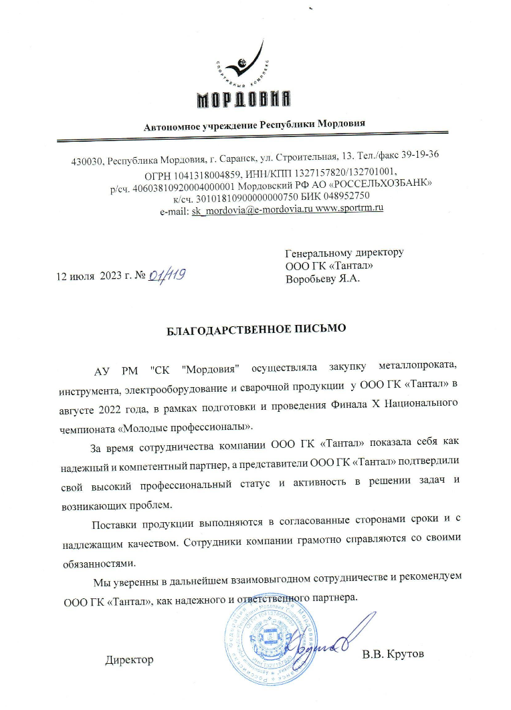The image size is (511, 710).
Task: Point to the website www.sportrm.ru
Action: click(x=349, y=210)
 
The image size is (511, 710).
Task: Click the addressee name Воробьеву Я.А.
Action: click(x=322, y=279)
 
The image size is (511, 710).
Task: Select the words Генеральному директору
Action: click(x=344, y=253)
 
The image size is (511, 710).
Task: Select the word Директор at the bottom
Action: click(x=129, y=660)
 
